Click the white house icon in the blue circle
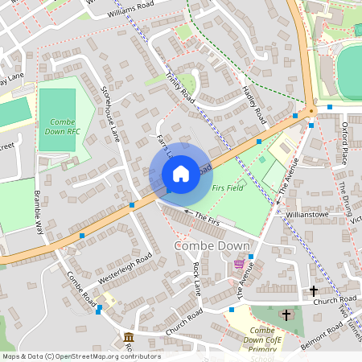pyautogui.click(x=181, y=173)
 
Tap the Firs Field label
pyautogui.click(x=228, y=187)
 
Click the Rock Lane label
pyautogui.click(x=196, y=277)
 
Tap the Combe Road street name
pyautogui.click(x=81, y=289)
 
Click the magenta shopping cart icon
pyautogui.click(x=239, y=264)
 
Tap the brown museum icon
pyautogui.click(x=128, y=335)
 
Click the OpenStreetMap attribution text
pyautogui.click(x=80, y=356)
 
